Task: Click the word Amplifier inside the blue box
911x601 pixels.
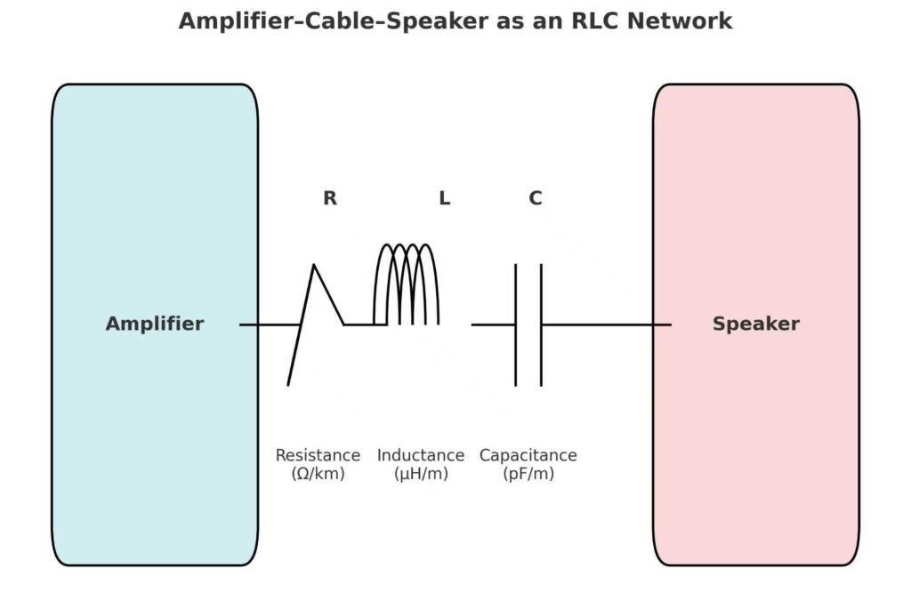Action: click(x=154, y=325)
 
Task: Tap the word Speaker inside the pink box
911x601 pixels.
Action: click(x=755, y=325)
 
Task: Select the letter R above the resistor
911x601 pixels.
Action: click(x=330, y=199)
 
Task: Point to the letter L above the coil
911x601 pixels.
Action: click(x=444, y=199)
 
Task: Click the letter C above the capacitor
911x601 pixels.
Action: click(x=536, y=199)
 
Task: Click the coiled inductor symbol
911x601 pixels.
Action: click(x=406, y=284)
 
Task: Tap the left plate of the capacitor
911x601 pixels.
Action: click(x=515, y=325)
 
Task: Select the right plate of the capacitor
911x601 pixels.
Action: click(x=541, y=325)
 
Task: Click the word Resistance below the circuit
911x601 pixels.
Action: click(x=318, y=455)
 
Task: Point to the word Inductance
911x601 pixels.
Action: click(x=421, y=455)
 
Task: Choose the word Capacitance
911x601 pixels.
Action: click(x=528, y=455)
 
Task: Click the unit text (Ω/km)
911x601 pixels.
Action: click(x=318, y=474)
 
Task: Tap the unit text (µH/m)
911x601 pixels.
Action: click(x=421, y=474)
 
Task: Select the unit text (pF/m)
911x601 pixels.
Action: click(x=528, y=474)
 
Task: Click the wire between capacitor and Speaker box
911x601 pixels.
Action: click(x=605, y=325)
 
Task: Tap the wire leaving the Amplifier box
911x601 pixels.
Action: click(x=267, y=325)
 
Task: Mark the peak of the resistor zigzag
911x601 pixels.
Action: click(x=313, y=265)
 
